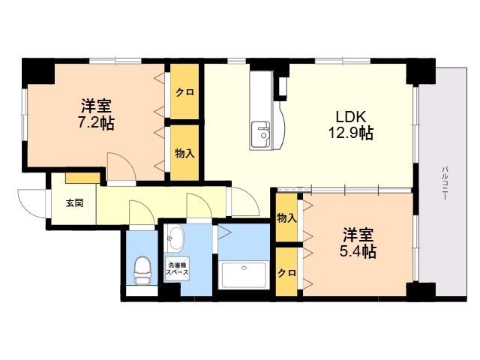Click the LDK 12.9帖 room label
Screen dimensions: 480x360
point(351,125)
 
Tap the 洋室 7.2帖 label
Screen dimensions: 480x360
point(96,115)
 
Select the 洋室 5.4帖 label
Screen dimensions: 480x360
point(358,243)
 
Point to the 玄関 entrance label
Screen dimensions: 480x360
point(75,203)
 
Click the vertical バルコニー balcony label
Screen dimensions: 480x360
point(445,183)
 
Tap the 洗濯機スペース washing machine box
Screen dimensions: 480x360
point(177,268)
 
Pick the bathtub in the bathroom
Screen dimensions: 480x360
point(244,274)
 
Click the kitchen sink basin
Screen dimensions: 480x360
point(260,133)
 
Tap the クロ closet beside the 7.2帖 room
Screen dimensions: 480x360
point(184,91)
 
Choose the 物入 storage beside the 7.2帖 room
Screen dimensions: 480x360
point(184,152)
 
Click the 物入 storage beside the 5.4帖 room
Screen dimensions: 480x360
point(286,217)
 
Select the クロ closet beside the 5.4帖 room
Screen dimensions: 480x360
point(286,271)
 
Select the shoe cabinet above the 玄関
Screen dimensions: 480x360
point(82,178)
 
